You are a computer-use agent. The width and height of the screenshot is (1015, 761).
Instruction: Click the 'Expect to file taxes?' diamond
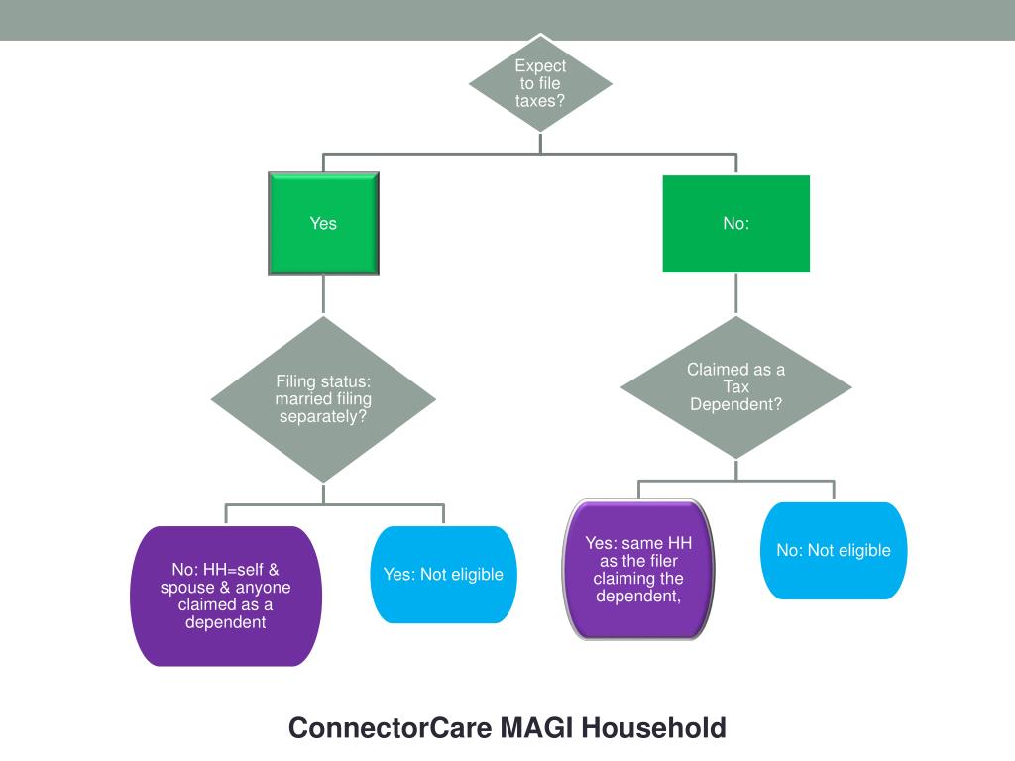[x=540, y=83]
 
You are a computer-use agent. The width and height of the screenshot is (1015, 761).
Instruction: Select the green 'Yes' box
[x=324, y=224]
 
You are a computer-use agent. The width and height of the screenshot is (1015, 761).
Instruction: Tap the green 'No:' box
[x=736, y=224]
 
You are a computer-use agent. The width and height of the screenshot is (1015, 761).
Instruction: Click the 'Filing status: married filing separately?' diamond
[x=324, y=399]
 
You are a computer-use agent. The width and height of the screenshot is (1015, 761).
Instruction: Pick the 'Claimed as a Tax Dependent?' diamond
[x=736, y=387]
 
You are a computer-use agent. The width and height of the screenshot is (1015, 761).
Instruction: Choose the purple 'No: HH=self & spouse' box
[x=226, y=596]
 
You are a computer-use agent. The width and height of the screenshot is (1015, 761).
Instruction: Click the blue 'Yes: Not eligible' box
[x=443, y=575]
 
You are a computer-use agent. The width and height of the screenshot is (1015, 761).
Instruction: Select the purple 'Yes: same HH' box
[x=638, y=570]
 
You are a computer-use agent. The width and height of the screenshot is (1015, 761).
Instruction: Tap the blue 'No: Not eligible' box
[x=834, y=551]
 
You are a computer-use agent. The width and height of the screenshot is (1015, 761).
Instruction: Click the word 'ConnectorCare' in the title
[x=391, y=728]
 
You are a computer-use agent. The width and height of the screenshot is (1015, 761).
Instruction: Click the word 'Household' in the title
[x=654, y=728]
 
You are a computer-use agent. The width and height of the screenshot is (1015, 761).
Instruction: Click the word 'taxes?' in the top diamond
[x=540, y=101]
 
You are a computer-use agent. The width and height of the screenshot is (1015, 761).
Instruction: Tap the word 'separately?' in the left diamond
[x=323, y=417]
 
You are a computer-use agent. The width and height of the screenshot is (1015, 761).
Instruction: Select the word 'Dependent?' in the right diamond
[x=736, y=404]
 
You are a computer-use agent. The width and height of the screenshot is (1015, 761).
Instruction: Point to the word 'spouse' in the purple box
[x=187, y=588]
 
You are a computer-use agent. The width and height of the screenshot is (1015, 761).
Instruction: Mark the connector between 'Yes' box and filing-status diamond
[x=324, y=295]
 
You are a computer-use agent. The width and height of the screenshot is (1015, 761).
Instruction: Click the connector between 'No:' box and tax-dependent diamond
[x=736, y=294]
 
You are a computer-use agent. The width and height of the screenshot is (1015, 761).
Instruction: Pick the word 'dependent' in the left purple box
[x=225, y=622]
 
